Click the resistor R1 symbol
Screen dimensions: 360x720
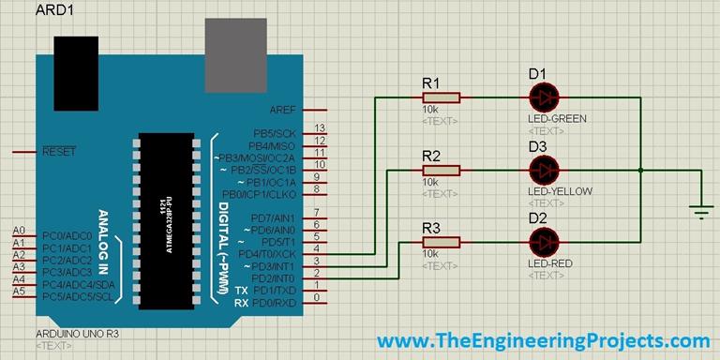(x=442, y=97)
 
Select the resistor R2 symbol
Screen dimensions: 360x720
(x=442, y=170)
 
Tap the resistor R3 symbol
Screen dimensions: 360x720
(x=442, y=242)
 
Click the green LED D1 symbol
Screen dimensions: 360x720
(x=543, y=97)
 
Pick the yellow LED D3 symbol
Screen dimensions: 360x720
(x=543, y=170)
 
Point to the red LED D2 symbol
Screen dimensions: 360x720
(x=543, y=242)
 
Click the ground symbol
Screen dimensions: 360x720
(x=699, y=211)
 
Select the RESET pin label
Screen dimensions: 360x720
(x=59, y=151)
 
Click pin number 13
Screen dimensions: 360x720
(x=320, y=127)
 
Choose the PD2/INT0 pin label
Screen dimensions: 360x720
(x=274, y=277)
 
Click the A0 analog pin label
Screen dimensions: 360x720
(x=19, y=231)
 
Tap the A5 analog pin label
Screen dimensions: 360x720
(x=19, y=292)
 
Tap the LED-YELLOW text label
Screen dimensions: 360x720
(x=560, y=191)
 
